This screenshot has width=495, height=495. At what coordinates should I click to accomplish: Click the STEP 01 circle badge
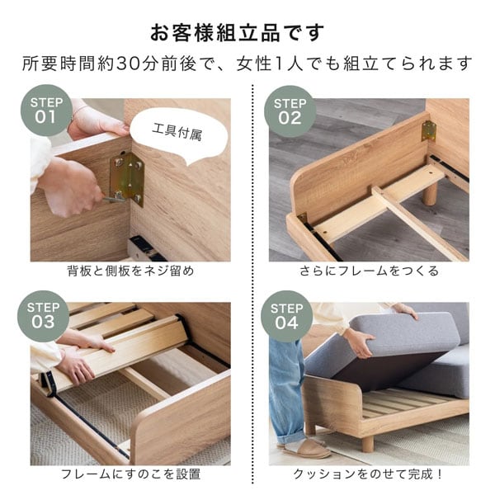[45, 111]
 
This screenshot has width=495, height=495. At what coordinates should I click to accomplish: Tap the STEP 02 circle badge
[290, 111]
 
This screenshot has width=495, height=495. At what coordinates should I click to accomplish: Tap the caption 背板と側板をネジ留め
[130, 271]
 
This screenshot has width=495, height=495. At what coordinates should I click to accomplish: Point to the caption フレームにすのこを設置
[130, 474]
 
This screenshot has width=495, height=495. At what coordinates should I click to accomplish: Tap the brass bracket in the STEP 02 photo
[428, 130]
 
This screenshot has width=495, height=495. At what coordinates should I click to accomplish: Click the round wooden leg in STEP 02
[429, 193]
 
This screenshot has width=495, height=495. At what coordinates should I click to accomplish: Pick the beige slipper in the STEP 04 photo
[306, 447]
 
